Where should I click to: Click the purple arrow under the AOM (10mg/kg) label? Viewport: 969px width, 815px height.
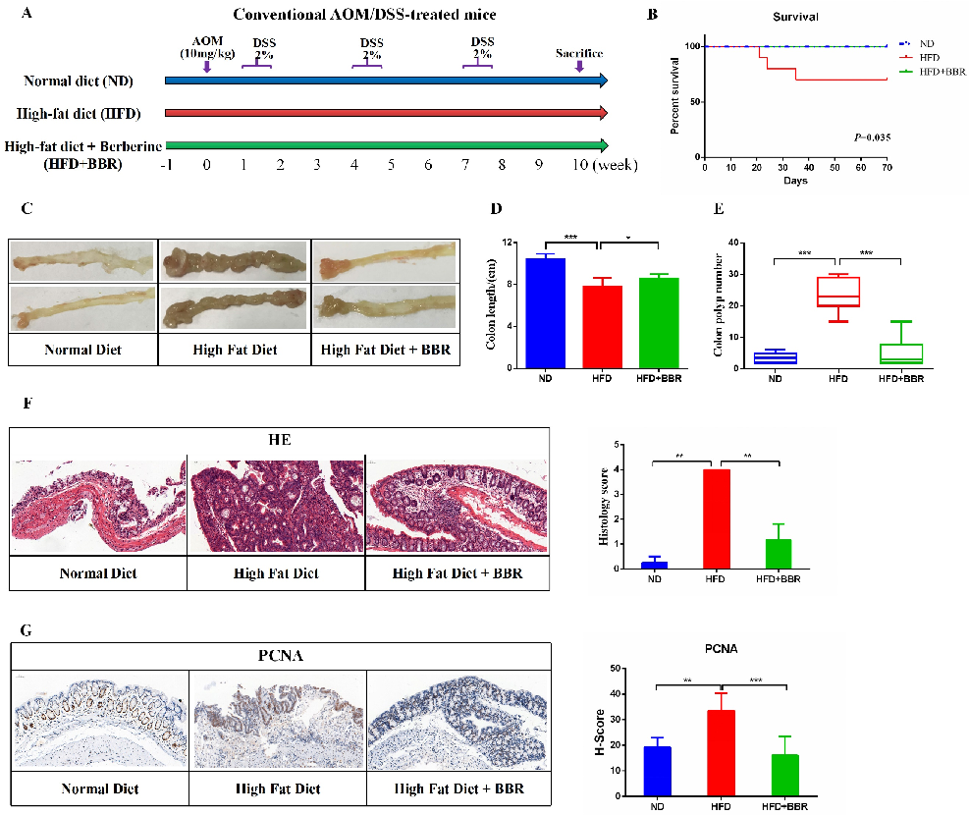pyautogui.click(x=206, y=66)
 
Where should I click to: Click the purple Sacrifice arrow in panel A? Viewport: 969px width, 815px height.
pyautogui.click(x=579, y=66)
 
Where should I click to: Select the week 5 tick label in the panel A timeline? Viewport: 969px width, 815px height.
pyautogui.click(x=391, y=164)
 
